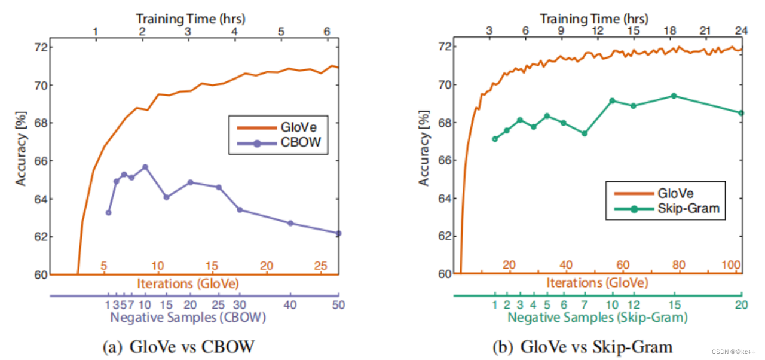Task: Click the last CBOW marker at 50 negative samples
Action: click(x=338, y=233)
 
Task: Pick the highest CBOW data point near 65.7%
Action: click(x=145, y=167)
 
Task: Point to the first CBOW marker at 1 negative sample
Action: click(x=108, y=212)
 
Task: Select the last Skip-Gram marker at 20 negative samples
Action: click(x=741, y=113)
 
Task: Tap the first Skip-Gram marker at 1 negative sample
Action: click(x=494, y=139)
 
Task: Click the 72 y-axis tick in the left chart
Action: click(x=41, y=47)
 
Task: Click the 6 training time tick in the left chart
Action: click(x=326, y=31)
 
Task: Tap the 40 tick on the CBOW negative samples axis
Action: click(x=290, y=304)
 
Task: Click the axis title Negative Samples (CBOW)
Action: click(x=188, y=317)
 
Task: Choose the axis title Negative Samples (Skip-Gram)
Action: click(x=597, y=317)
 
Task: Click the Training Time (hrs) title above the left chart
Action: click(x=191, y=19)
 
